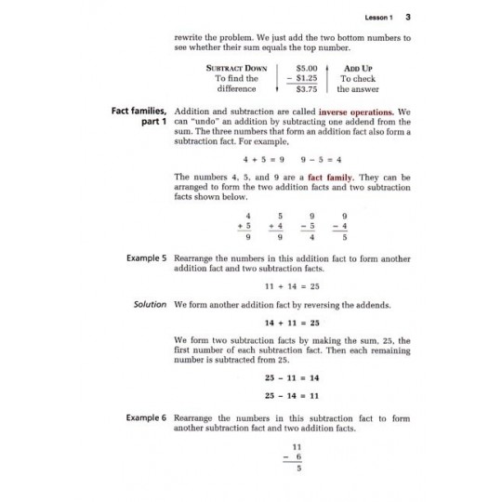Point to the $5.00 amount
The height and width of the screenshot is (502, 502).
coord(306,69)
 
